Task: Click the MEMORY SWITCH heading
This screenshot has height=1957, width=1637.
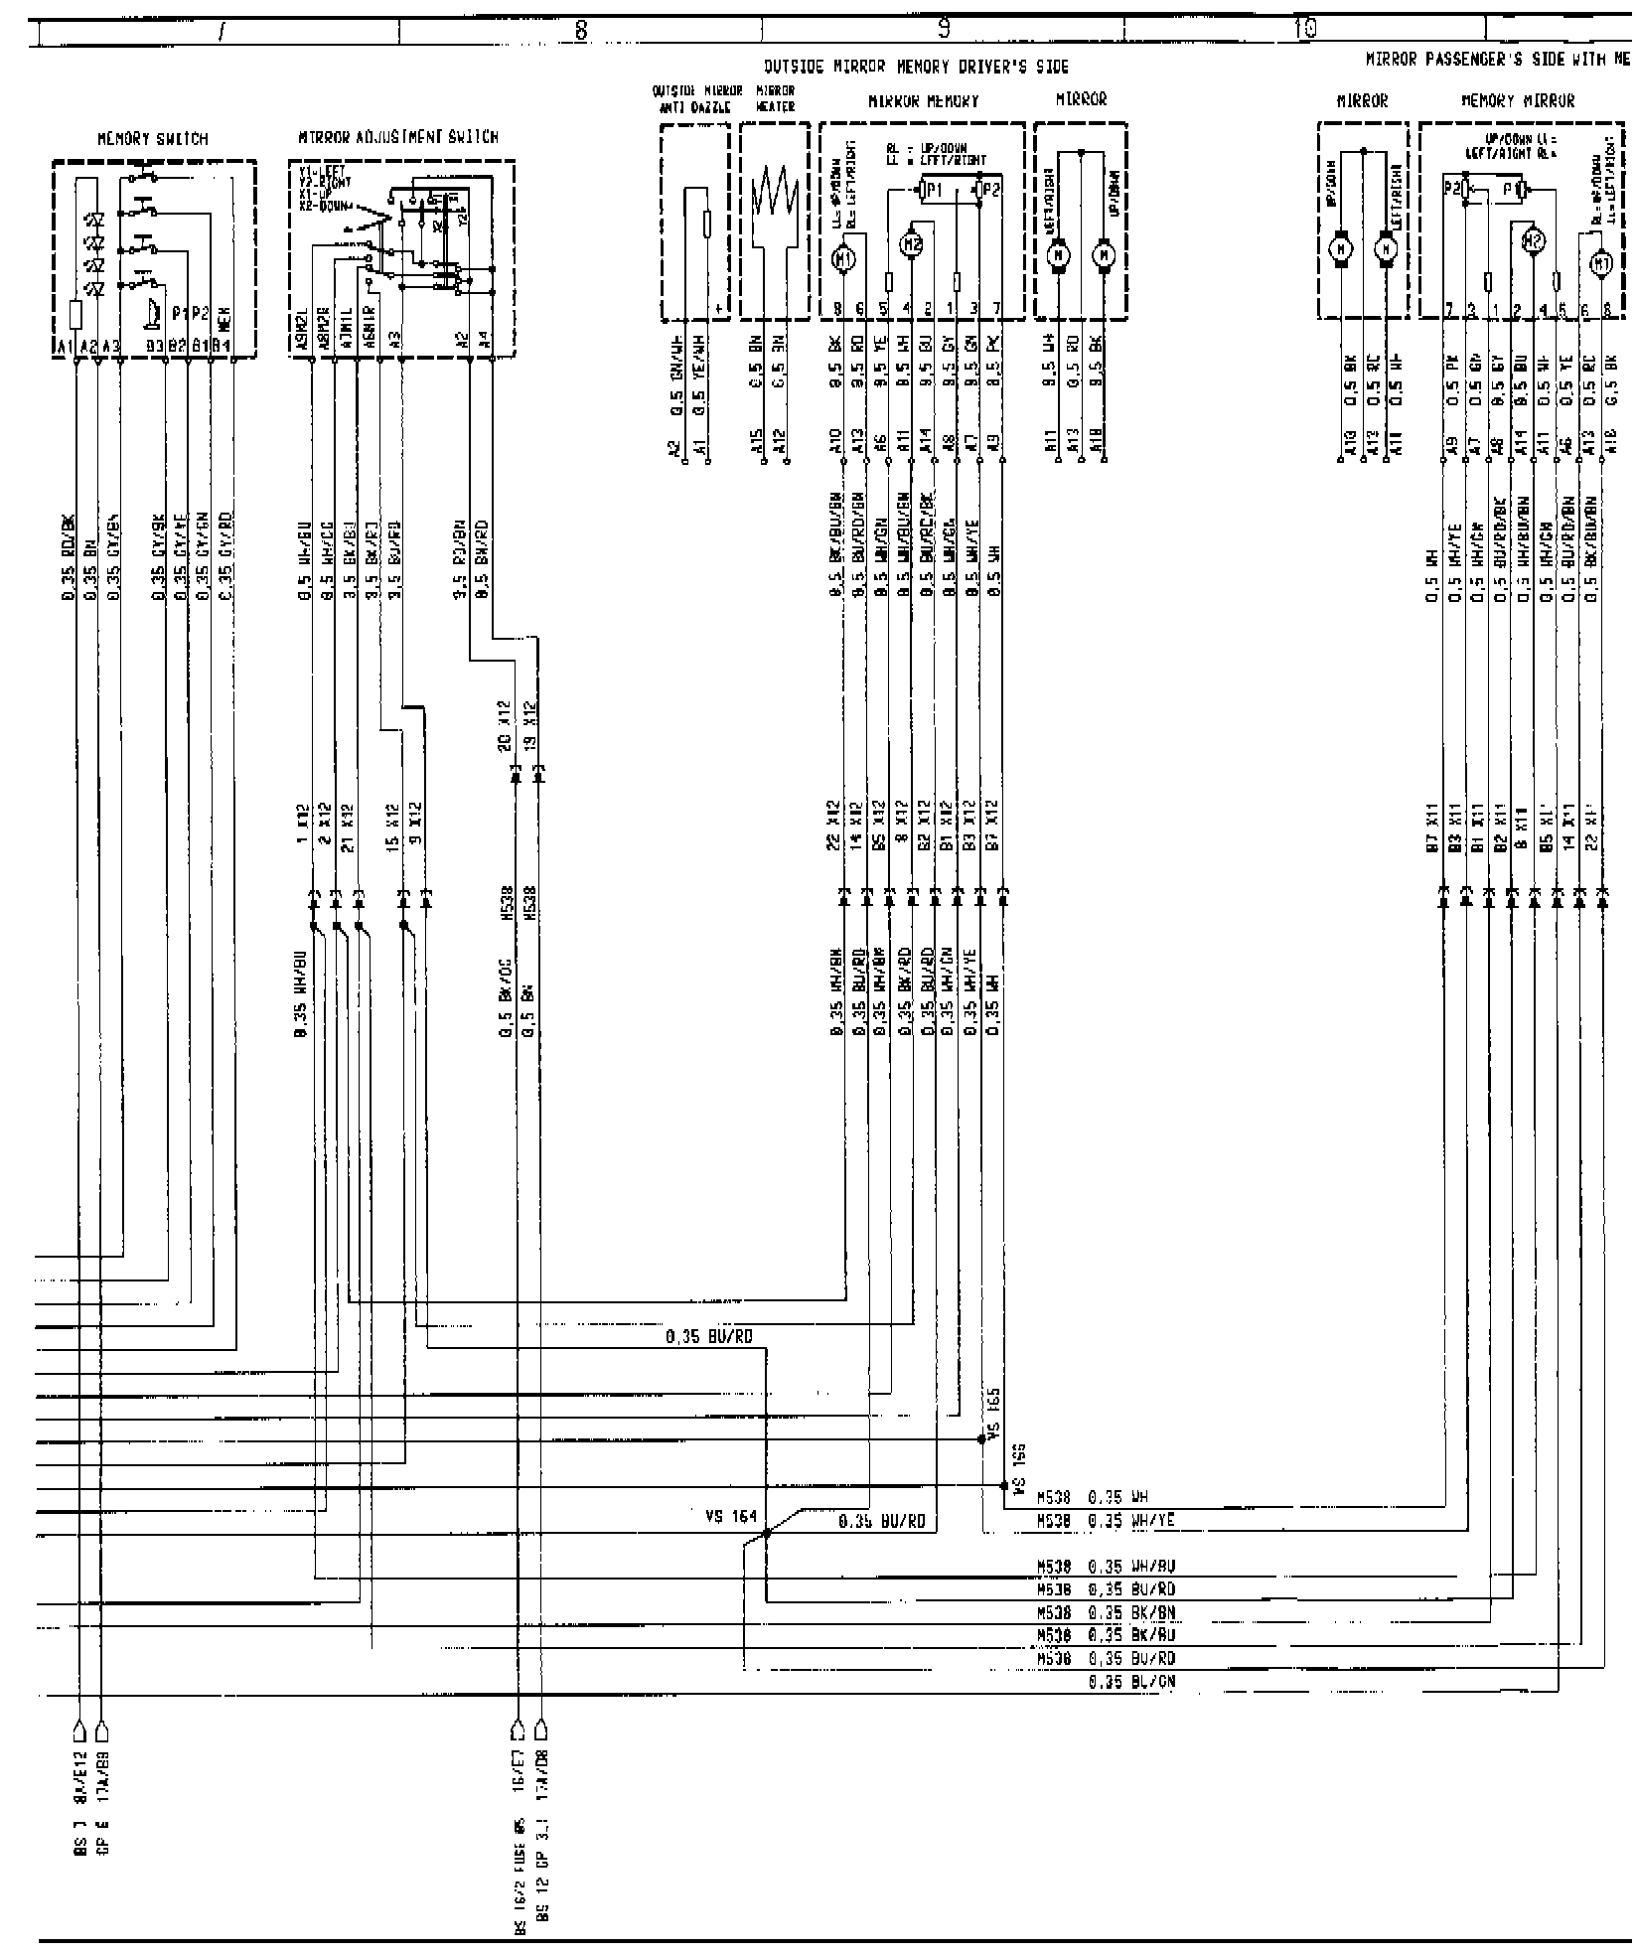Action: coord(153,139)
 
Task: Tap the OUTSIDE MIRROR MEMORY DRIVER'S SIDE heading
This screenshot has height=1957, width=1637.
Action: coord(916,68)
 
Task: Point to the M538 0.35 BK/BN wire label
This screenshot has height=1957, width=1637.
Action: coord(1106,1610)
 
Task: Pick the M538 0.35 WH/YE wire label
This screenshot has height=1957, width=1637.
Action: coord(1106,1549)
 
